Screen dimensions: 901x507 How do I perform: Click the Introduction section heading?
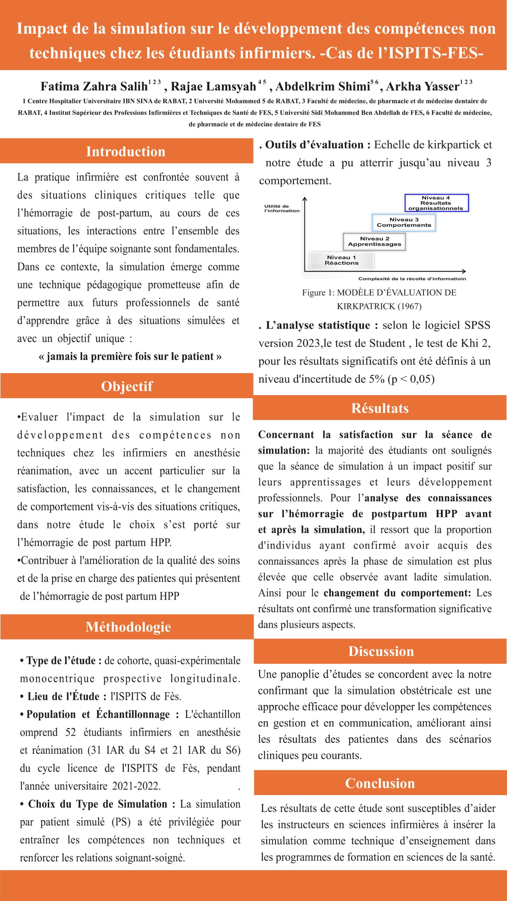(126, 151)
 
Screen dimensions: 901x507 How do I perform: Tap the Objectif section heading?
(127, 386)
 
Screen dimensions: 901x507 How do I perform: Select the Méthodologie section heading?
(128, 627)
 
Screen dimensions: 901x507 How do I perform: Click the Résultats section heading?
(380, 408)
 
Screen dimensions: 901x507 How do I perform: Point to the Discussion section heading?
(381, 651)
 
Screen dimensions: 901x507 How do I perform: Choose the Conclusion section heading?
(380, 783)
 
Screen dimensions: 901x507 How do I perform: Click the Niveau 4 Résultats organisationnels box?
(436, 203)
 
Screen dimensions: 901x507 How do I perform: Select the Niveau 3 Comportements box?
(404, 222)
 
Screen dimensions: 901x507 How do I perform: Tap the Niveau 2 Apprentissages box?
(374, 241)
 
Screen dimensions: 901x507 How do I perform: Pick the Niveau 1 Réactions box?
(341, 260)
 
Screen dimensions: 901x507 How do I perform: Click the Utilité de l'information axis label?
(282, 208)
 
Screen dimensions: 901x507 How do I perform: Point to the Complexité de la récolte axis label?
(412, 279)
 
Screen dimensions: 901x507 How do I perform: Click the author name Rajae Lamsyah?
(213, 87)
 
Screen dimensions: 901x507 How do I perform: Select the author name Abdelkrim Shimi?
(323, 87)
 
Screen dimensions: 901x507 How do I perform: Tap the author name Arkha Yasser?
(423, 87)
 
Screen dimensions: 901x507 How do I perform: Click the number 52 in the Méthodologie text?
(70, 732)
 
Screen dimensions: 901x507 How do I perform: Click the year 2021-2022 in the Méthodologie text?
(136, 786)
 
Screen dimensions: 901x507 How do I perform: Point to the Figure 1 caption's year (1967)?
(409, 306)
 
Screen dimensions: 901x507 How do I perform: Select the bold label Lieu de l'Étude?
(63, 697)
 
